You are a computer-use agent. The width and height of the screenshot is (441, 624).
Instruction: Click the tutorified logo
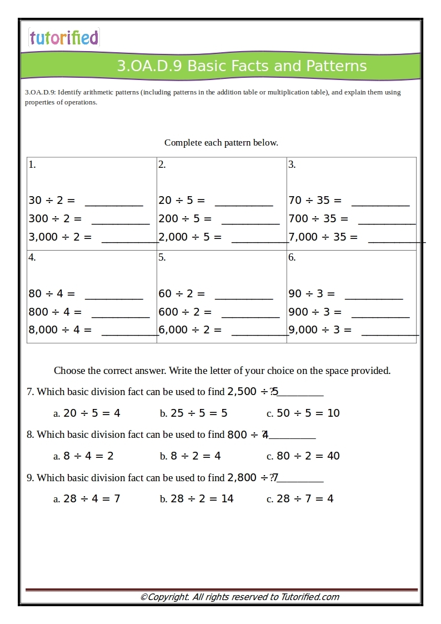(x=64, y=38)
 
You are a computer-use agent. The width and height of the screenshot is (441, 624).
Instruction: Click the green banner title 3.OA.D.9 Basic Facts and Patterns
(x=242, y=66)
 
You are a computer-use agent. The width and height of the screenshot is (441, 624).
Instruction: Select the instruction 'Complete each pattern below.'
(x=221, y=143)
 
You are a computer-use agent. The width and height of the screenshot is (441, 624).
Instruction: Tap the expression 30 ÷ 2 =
(x=52, y=201)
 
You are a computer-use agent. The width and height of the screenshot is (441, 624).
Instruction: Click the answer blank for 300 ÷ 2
(x=121, y=222)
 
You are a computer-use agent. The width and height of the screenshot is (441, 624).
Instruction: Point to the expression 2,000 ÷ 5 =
(x=190, y=237)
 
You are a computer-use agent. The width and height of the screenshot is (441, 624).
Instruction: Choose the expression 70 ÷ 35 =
(x=315, y=201)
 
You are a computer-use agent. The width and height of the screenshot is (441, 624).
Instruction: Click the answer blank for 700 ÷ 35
(x=387, y=222)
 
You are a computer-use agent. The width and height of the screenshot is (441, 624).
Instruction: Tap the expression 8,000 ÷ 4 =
(x=60, y=330)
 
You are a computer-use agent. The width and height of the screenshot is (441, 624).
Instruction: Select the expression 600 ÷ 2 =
(x=185, y=312)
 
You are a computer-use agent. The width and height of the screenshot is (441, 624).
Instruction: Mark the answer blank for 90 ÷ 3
(x=374, y=297)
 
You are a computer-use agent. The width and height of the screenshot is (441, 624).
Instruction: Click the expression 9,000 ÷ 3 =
(x=320, y=330)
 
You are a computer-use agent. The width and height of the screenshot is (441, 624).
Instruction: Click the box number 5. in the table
(x=162, y=257)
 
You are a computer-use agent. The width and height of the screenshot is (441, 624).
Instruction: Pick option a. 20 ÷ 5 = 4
(x=87, y=413)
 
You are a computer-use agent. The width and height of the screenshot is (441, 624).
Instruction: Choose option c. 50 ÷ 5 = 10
(x=303, y=413)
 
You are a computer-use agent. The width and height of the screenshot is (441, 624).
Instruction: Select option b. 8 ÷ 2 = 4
(x=191, y=456)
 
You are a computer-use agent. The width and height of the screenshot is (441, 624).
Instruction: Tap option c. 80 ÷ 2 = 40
(x=303, y=456)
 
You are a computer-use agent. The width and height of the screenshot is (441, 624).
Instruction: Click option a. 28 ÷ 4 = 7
(x=87, y=499)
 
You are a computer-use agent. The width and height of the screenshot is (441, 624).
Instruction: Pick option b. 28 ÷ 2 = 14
(x=197, y=499)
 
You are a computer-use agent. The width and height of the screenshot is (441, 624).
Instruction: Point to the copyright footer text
(x=239, y=597)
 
